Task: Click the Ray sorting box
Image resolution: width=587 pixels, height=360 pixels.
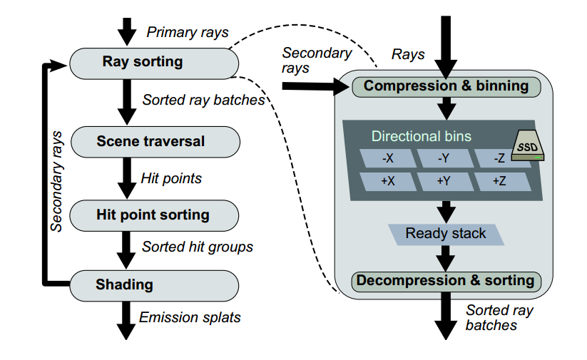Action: coord(154,63)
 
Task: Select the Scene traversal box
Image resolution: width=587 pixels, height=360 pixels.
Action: coord(155,142)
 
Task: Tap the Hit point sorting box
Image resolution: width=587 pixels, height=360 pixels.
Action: coord(154,215)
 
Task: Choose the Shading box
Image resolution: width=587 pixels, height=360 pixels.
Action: coord(154,286)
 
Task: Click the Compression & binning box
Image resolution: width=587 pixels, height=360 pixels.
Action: coord(446,87)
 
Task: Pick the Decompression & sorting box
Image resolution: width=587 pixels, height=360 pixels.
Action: coord(446,282)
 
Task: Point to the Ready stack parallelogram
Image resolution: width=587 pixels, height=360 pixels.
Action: coord(446,235)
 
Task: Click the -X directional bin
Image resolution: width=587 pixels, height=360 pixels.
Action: coord(388,158)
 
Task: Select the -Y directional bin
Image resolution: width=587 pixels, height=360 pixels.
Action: coord(444,158)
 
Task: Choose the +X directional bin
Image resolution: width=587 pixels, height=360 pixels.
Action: coord(388,182)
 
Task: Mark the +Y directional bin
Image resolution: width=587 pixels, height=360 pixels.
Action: coord(444,182)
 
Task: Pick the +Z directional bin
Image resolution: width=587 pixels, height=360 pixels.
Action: coord(501,182)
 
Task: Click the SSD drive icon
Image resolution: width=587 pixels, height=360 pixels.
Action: coord(528,145)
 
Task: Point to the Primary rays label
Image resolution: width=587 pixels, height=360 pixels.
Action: coord(188,33)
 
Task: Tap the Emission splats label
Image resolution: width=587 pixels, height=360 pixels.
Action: coord(190,317)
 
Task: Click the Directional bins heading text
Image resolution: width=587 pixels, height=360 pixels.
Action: coord(421,136)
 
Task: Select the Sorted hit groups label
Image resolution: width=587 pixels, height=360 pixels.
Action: coord(198,247)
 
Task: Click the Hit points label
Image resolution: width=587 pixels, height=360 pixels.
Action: coord(171,178)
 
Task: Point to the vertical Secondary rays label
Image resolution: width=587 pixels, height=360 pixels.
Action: coord(56,182)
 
